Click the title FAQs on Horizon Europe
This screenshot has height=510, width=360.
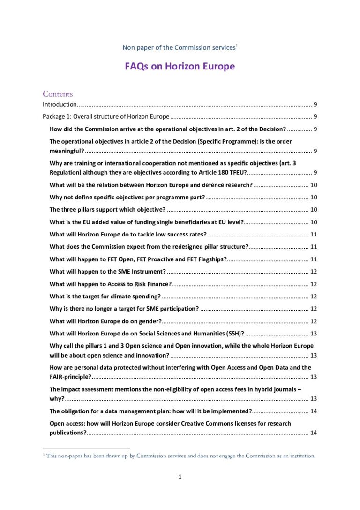coord(180,66)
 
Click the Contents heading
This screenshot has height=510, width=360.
coord(58,94)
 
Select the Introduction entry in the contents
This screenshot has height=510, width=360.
coord(60,104)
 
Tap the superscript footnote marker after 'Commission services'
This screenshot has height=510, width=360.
coord(236,46)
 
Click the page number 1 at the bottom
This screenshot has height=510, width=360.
coord(180,477)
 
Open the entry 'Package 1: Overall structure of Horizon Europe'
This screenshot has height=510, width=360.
coord(106,117)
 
